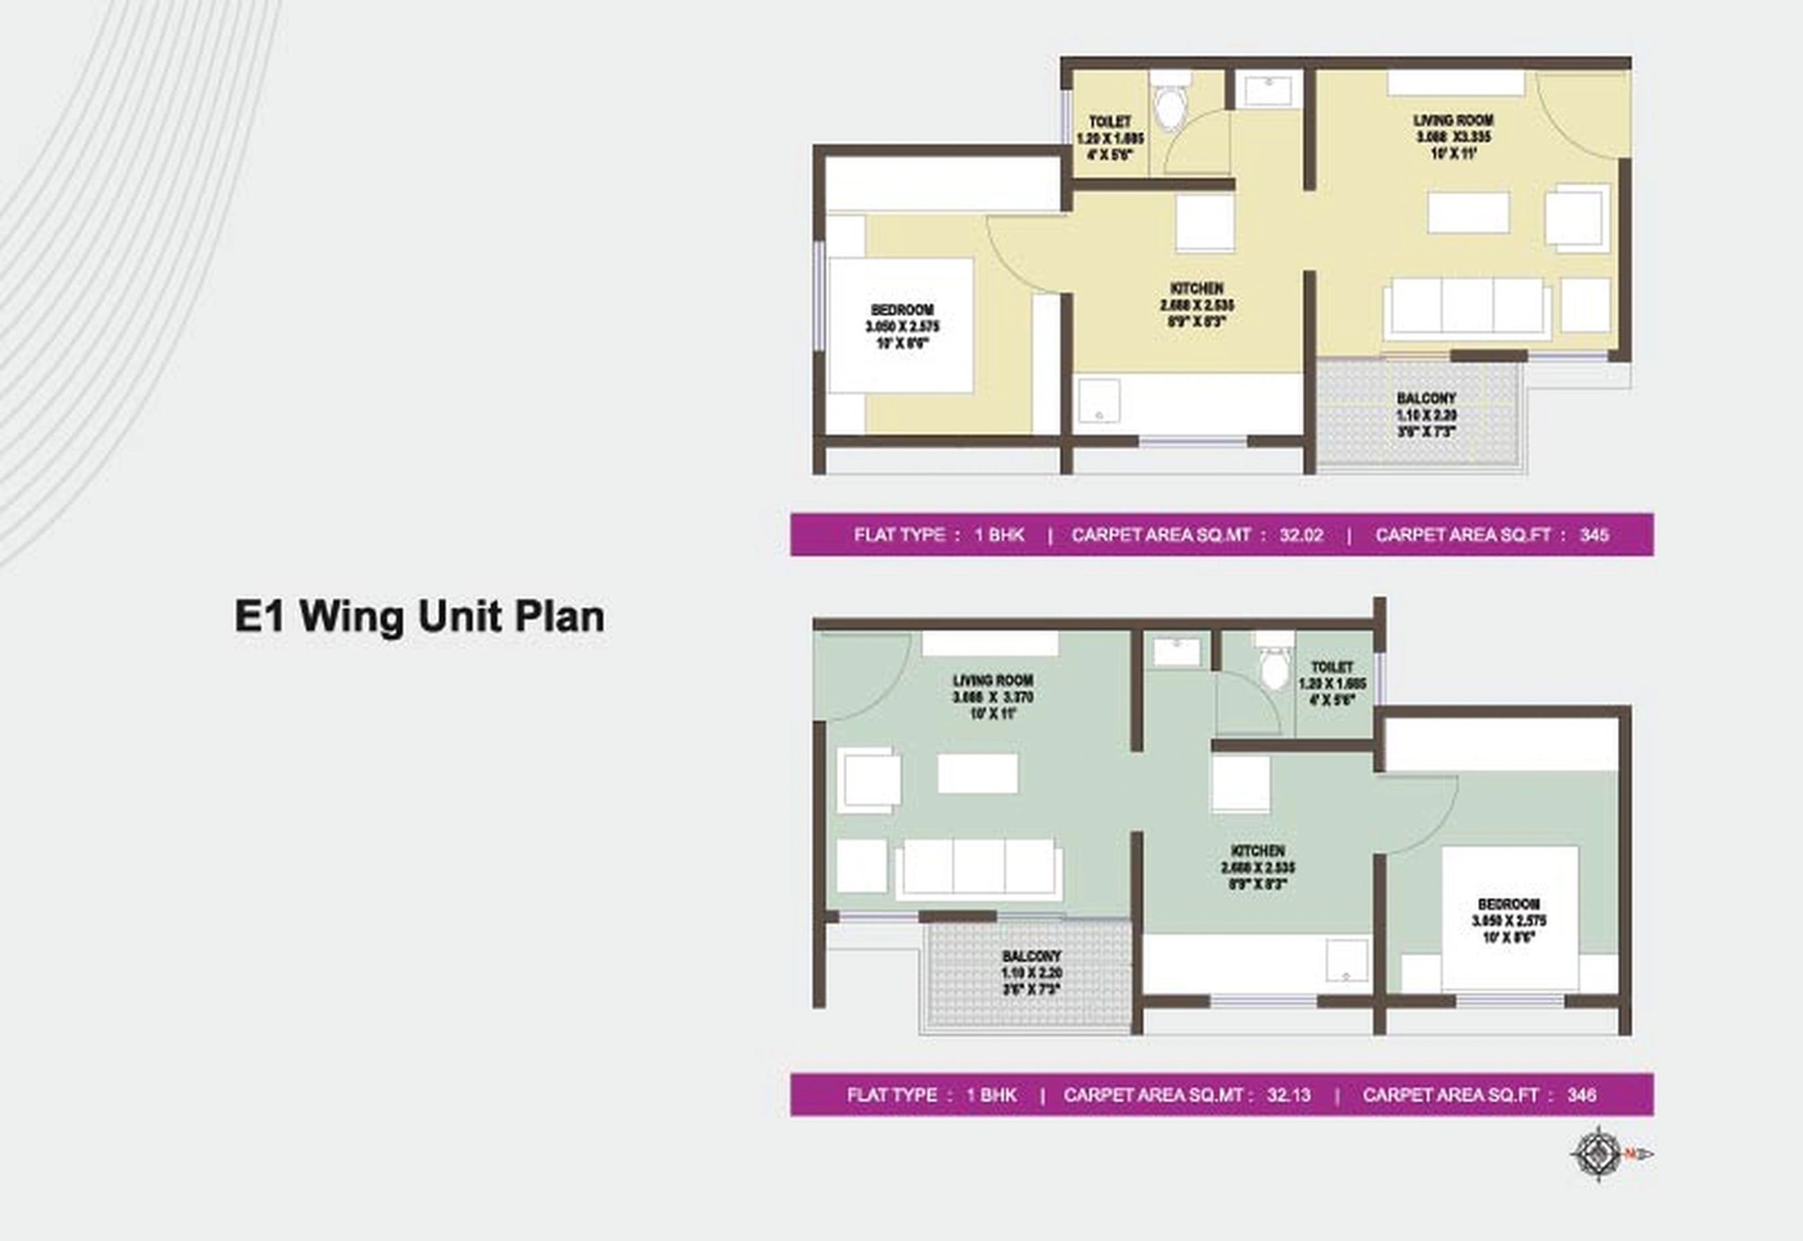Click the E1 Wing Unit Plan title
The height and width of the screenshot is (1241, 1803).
coord(420,616)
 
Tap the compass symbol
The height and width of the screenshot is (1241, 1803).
coord(1599,1155)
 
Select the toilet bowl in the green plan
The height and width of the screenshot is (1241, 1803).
coord(1274,667)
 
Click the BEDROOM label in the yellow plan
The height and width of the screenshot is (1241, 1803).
coord(903,309)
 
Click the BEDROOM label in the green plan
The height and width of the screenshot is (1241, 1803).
coord(1509,904)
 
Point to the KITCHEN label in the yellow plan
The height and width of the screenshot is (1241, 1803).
coord(1197,289)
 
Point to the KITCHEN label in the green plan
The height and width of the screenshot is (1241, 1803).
coord(1258,851)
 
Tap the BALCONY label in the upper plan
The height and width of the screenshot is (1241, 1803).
coord(1426,398)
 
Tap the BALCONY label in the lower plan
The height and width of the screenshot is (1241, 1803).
coord(1031,956)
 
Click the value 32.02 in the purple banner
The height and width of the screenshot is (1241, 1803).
coord(1301,535)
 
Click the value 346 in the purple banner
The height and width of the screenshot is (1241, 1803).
coord(1581,1095)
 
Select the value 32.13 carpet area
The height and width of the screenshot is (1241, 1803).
coord(1288,1095)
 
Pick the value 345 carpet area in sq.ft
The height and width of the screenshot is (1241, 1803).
coord(1594,535)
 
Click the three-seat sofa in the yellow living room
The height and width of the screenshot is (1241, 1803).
coord(1467,307)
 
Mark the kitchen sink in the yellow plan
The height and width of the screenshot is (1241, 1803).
coord(1099,401)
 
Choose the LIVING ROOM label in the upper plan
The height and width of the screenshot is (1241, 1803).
coord(1453,120)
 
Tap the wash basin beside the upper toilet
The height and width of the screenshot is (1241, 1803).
coord(1268,91)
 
